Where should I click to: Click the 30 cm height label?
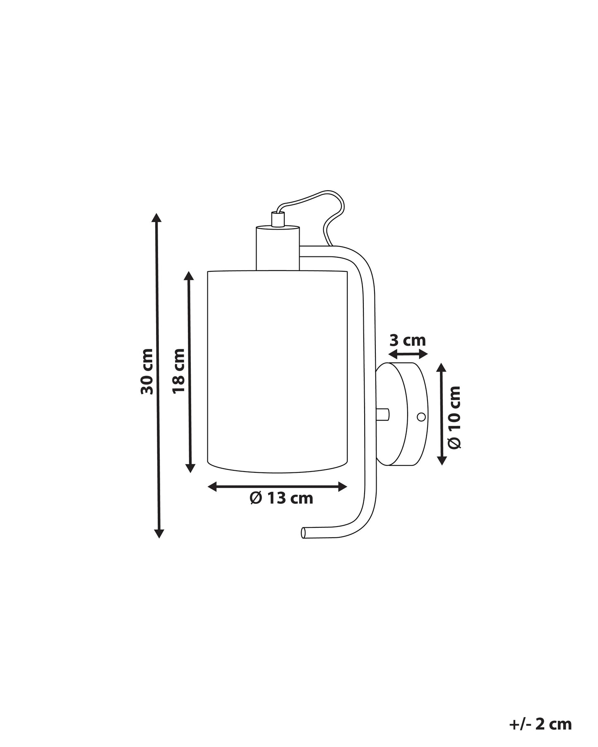tap(147, 371)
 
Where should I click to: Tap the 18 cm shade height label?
tap(179, 371)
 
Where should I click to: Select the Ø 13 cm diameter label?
tap(281, 498)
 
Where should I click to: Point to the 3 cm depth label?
tap(408, 340)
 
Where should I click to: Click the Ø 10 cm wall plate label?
tap(454, 417)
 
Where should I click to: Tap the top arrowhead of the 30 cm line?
tap(156, 218)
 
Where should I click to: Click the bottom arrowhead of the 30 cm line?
tap(159, 533)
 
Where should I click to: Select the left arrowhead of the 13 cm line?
tap(213, 487)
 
